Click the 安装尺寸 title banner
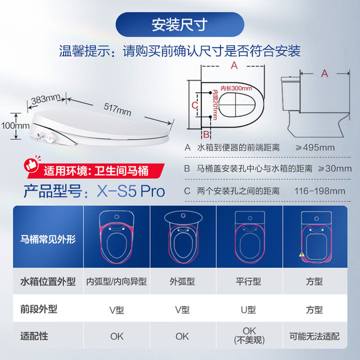(180, 25)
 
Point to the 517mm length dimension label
(118, 109)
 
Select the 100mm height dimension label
(15, 125)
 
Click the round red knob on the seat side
(50, 137)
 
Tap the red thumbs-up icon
(31, 165)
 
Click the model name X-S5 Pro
(130, 191)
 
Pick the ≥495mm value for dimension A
(315, 147)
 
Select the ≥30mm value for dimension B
(335, 169)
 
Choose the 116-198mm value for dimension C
(319, 191)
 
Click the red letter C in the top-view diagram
(195, 105)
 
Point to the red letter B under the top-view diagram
(206, 134)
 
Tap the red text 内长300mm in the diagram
(236, 88)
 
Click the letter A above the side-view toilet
(325, 74)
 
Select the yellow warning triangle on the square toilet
(301, 254)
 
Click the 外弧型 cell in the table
(182, 281)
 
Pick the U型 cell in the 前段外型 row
(248, 310)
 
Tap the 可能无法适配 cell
(314, 336)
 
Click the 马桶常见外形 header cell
(48, 239)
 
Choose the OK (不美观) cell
(249, 335)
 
